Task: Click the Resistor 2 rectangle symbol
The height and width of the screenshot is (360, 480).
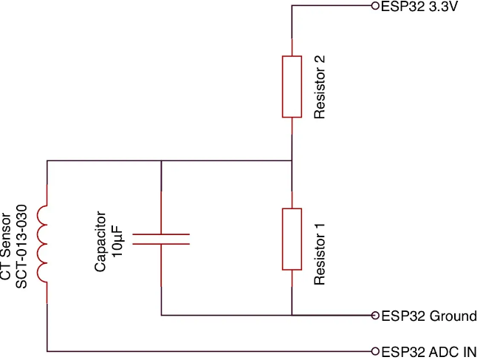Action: point(292,86)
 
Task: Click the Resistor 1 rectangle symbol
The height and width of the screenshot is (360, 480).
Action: point(292,239)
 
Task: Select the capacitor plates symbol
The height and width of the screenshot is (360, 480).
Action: point(161,239)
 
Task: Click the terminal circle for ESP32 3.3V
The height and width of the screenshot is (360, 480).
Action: point(375,6)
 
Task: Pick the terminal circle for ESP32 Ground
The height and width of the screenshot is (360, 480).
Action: point(375,316)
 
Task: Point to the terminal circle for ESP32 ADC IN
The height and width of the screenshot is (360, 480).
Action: point(375,351)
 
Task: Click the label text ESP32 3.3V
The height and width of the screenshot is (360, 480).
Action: point(418,7)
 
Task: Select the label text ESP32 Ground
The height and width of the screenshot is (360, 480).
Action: point(428,316)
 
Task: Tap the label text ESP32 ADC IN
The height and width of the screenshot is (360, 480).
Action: point(428,352)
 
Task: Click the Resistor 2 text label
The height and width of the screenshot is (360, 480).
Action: point(320,86)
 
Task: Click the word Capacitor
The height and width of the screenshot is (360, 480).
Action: point(102,242)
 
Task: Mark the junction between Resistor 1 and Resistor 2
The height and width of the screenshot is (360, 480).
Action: point(292,160)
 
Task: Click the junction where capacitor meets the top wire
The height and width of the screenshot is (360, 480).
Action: point(161,160)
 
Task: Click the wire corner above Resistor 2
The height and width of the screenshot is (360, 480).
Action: point(292,6)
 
